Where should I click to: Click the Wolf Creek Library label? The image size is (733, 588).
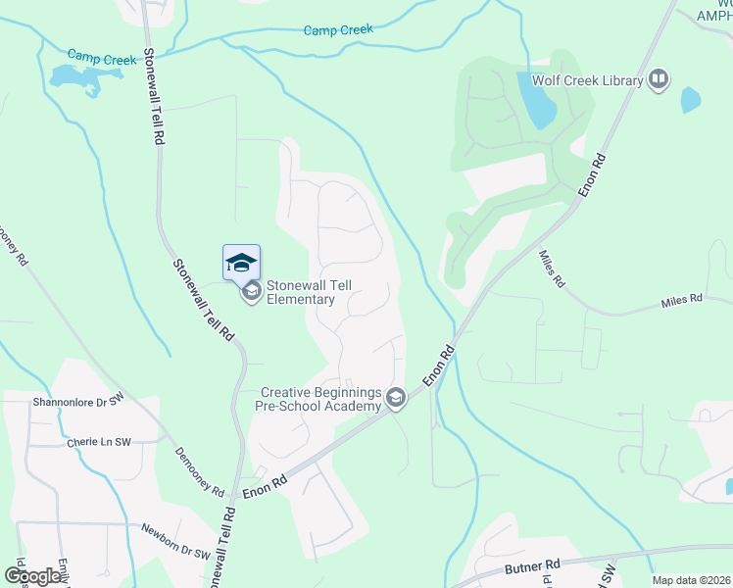(587, 80)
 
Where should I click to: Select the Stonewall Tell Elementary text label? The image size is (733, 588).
(309, 292)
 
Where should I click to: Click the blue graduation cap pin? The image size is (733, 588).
(241, 262)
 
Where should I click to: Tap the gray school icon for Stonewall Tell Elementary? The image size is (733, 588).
(252, 290)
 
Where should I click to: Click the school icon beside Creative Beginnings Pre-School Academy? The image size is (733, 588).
(396, 398)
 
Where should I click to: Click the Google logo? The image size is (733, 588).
(33, 575)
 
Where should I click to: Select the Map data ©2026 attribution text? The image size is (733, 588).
(691, 580)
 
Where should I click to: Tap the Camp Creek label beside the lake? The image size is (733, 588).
(102, 60)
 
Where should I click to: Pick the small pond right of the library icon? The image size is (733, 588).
(691, 99)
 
